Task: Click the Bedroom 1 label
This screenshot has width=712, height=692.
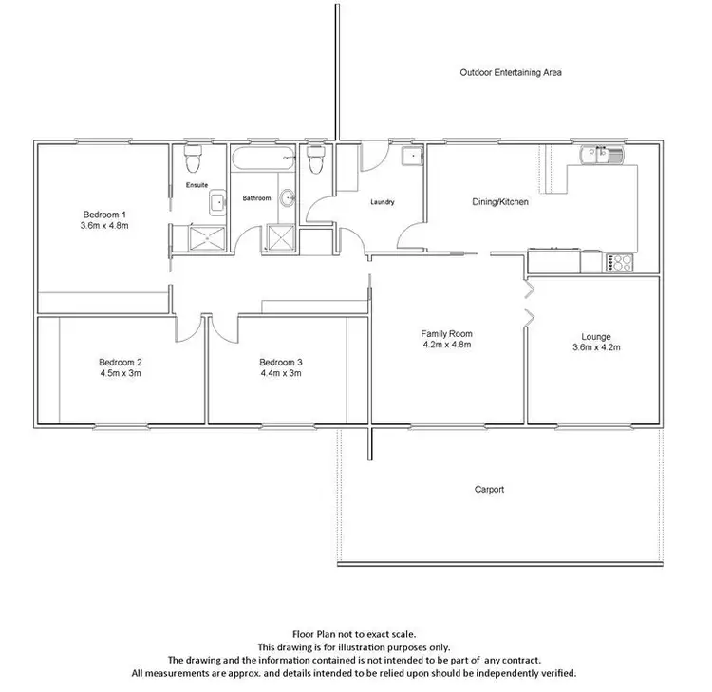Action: [x=104, y=214]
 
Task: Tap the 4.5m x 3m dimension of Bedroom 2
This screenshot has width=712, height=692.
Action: [x=120, y=373]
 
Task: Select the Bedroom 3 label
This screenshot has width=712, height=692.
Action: [x=280, y=362]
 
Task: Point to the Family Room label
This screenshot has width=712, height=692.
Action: [x=446, y=334]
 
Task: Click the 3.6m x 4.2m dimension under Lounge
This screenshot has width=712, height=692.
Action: [x=597, y=347]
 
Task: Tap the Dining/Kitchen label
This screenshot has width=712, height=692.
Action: [x=500, y=202]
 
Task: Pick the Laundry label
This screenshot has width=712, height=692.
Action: [x=382, y=202]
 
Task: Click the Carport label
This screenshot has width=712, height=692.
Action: [x=489, y=490]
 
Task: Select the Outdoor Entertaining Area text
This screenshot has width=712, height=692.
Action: [x=512, y=72]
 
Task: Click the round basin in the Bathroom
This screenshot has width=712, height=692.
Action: [x=290, y=198]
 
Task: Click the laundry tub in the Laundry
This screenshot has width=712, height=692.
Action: [x=411, y=157]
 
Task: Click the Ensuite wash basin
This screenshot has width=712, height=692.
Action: [x=217, y=200]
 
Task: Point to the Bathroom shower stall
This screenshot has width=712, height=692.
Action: [x=281, y=237]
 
